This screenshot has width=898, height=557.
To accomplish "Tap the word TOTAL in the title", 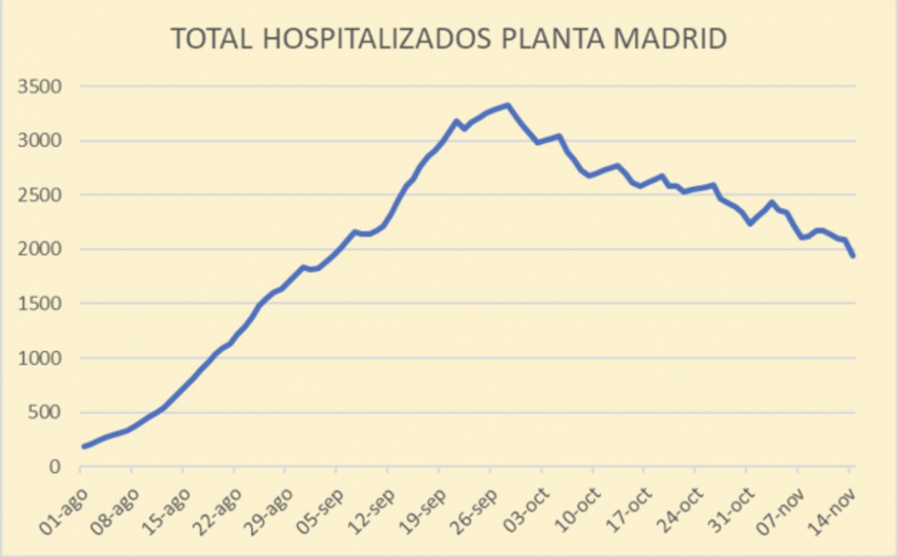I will click(213, 40).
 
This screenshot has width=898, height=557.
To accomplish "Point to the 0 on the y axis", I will click(55, 467).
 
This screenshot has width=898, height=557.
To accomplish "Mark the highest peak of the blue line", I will click(507, 106).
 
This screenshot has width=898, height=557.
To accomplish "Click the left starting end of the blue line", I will click(84, 446).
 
